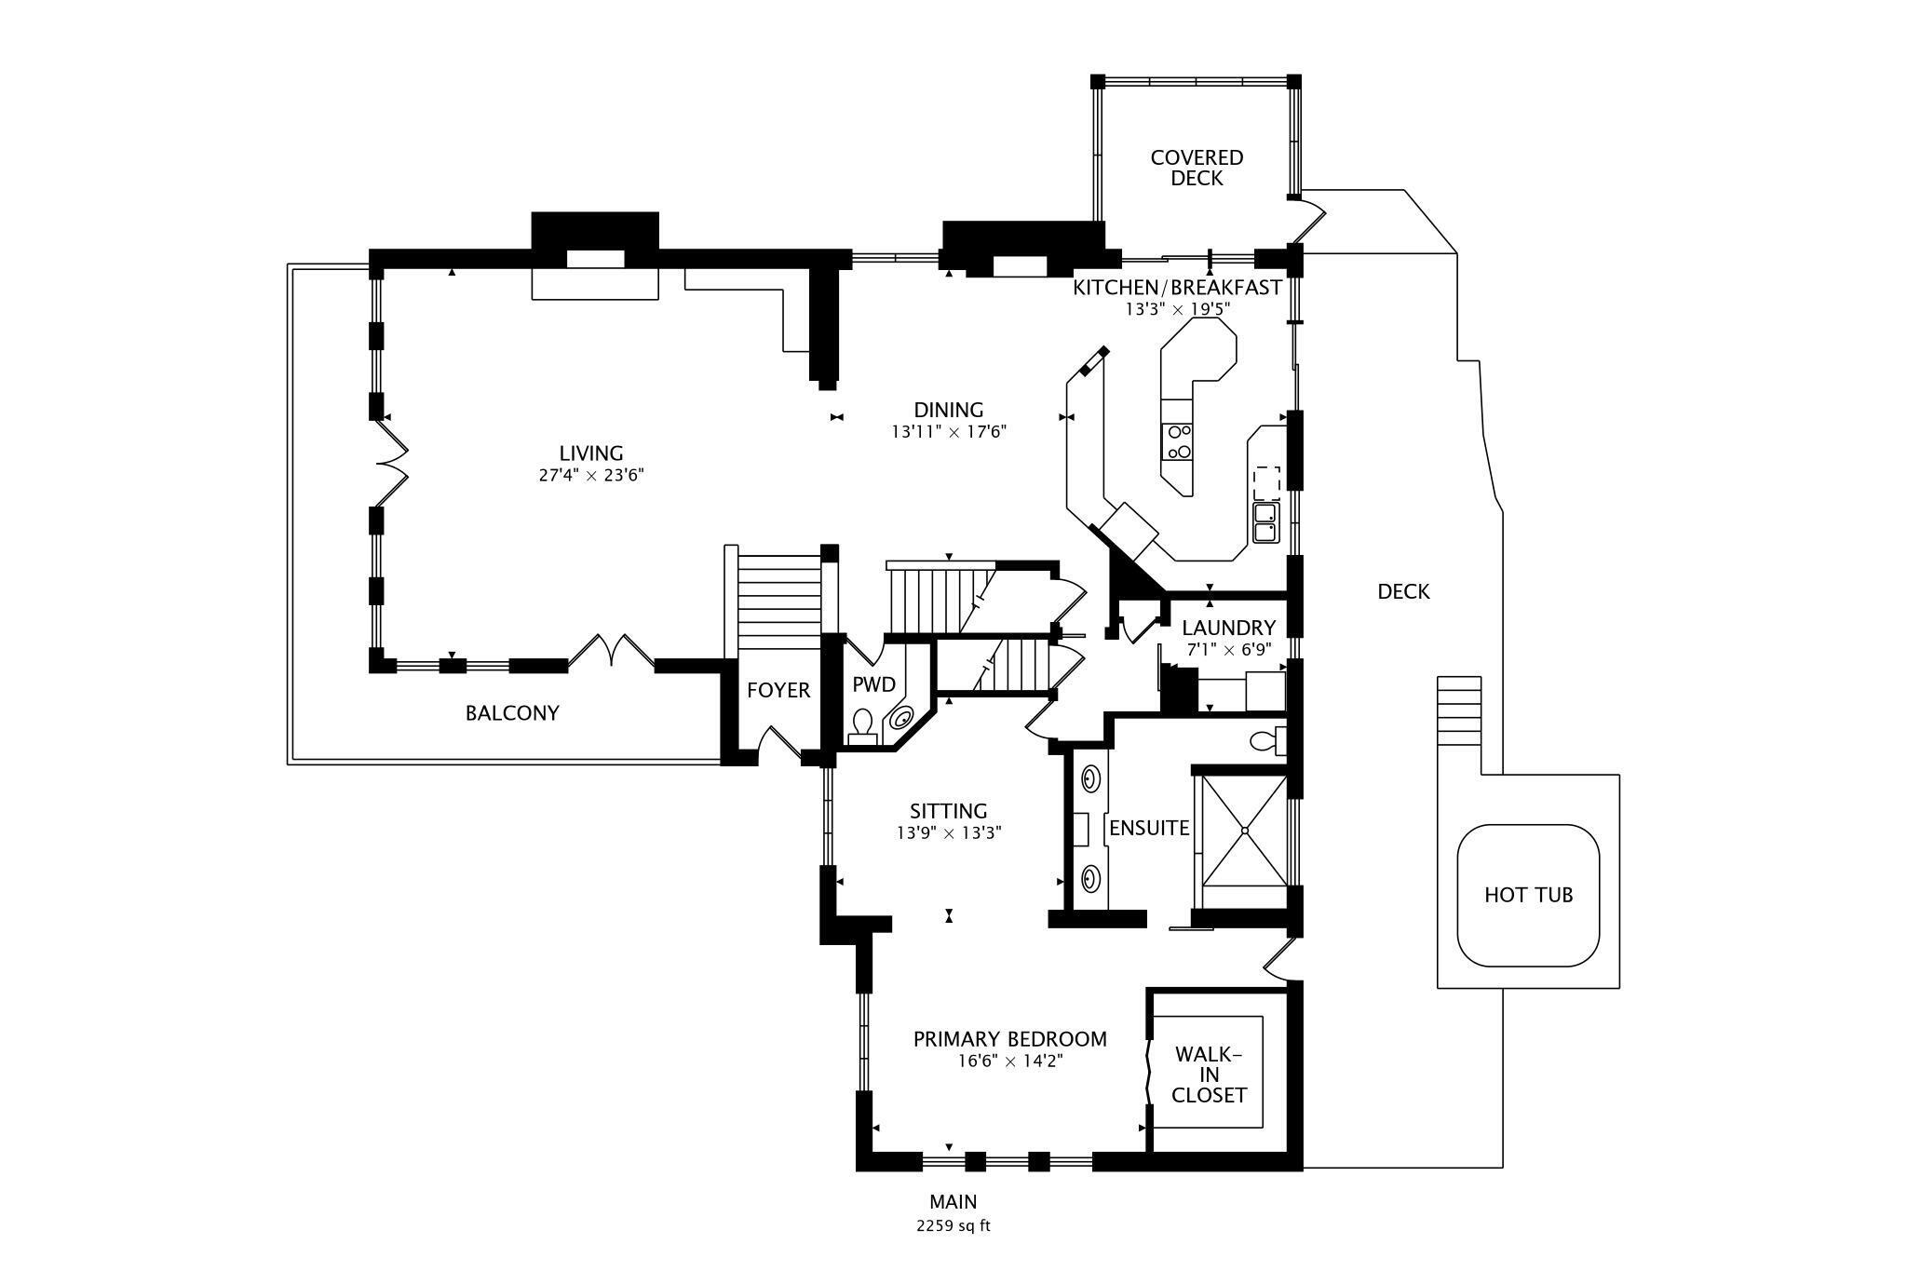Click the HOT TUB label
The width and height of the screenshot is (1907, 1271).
tap(1528, 895)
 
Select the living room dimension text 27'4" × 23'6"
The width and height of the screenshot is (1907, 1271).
tap(591, 475)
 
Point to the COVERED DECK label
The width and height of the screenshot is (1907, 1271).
tap(1197, 168)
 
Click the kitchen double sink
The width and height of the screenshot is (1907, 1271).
tap(1265, 522)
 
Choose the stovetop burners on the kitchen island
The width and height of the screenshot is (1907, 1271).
tap(1179, 441)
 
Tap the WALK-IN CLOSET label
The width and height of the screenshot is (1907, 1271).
tap(1209, 1075)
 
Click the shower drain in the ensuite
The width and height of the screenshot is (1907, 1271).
tap(1245, 830)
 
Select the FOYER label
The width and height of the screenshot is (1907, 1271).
tap(778, 690)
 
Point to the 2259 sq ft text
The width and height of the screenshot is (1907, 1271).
tap(953, 1225)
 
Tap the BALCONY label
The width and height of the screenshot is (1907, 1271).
tap(512, 713)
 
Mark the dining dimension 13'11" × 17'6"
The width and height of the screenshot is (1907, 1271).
tap(949, 431)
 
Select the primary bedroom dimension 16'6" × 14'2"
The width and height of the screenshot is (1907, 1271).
tap(1010, 1061)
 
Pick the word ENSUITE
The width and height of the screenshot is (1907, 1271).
tap(1149, 828)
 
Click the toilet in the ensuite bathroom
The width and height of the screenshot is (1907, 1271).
tap(1267, 741)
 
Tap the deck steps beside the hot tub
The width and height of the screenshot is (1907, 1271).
tap(1459, 710)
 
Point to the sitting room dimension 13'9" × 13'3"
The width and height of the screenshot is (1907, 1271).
tap(949, 833)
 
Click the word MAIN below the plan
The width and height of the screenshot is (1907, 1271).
tap(953, 1202)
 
